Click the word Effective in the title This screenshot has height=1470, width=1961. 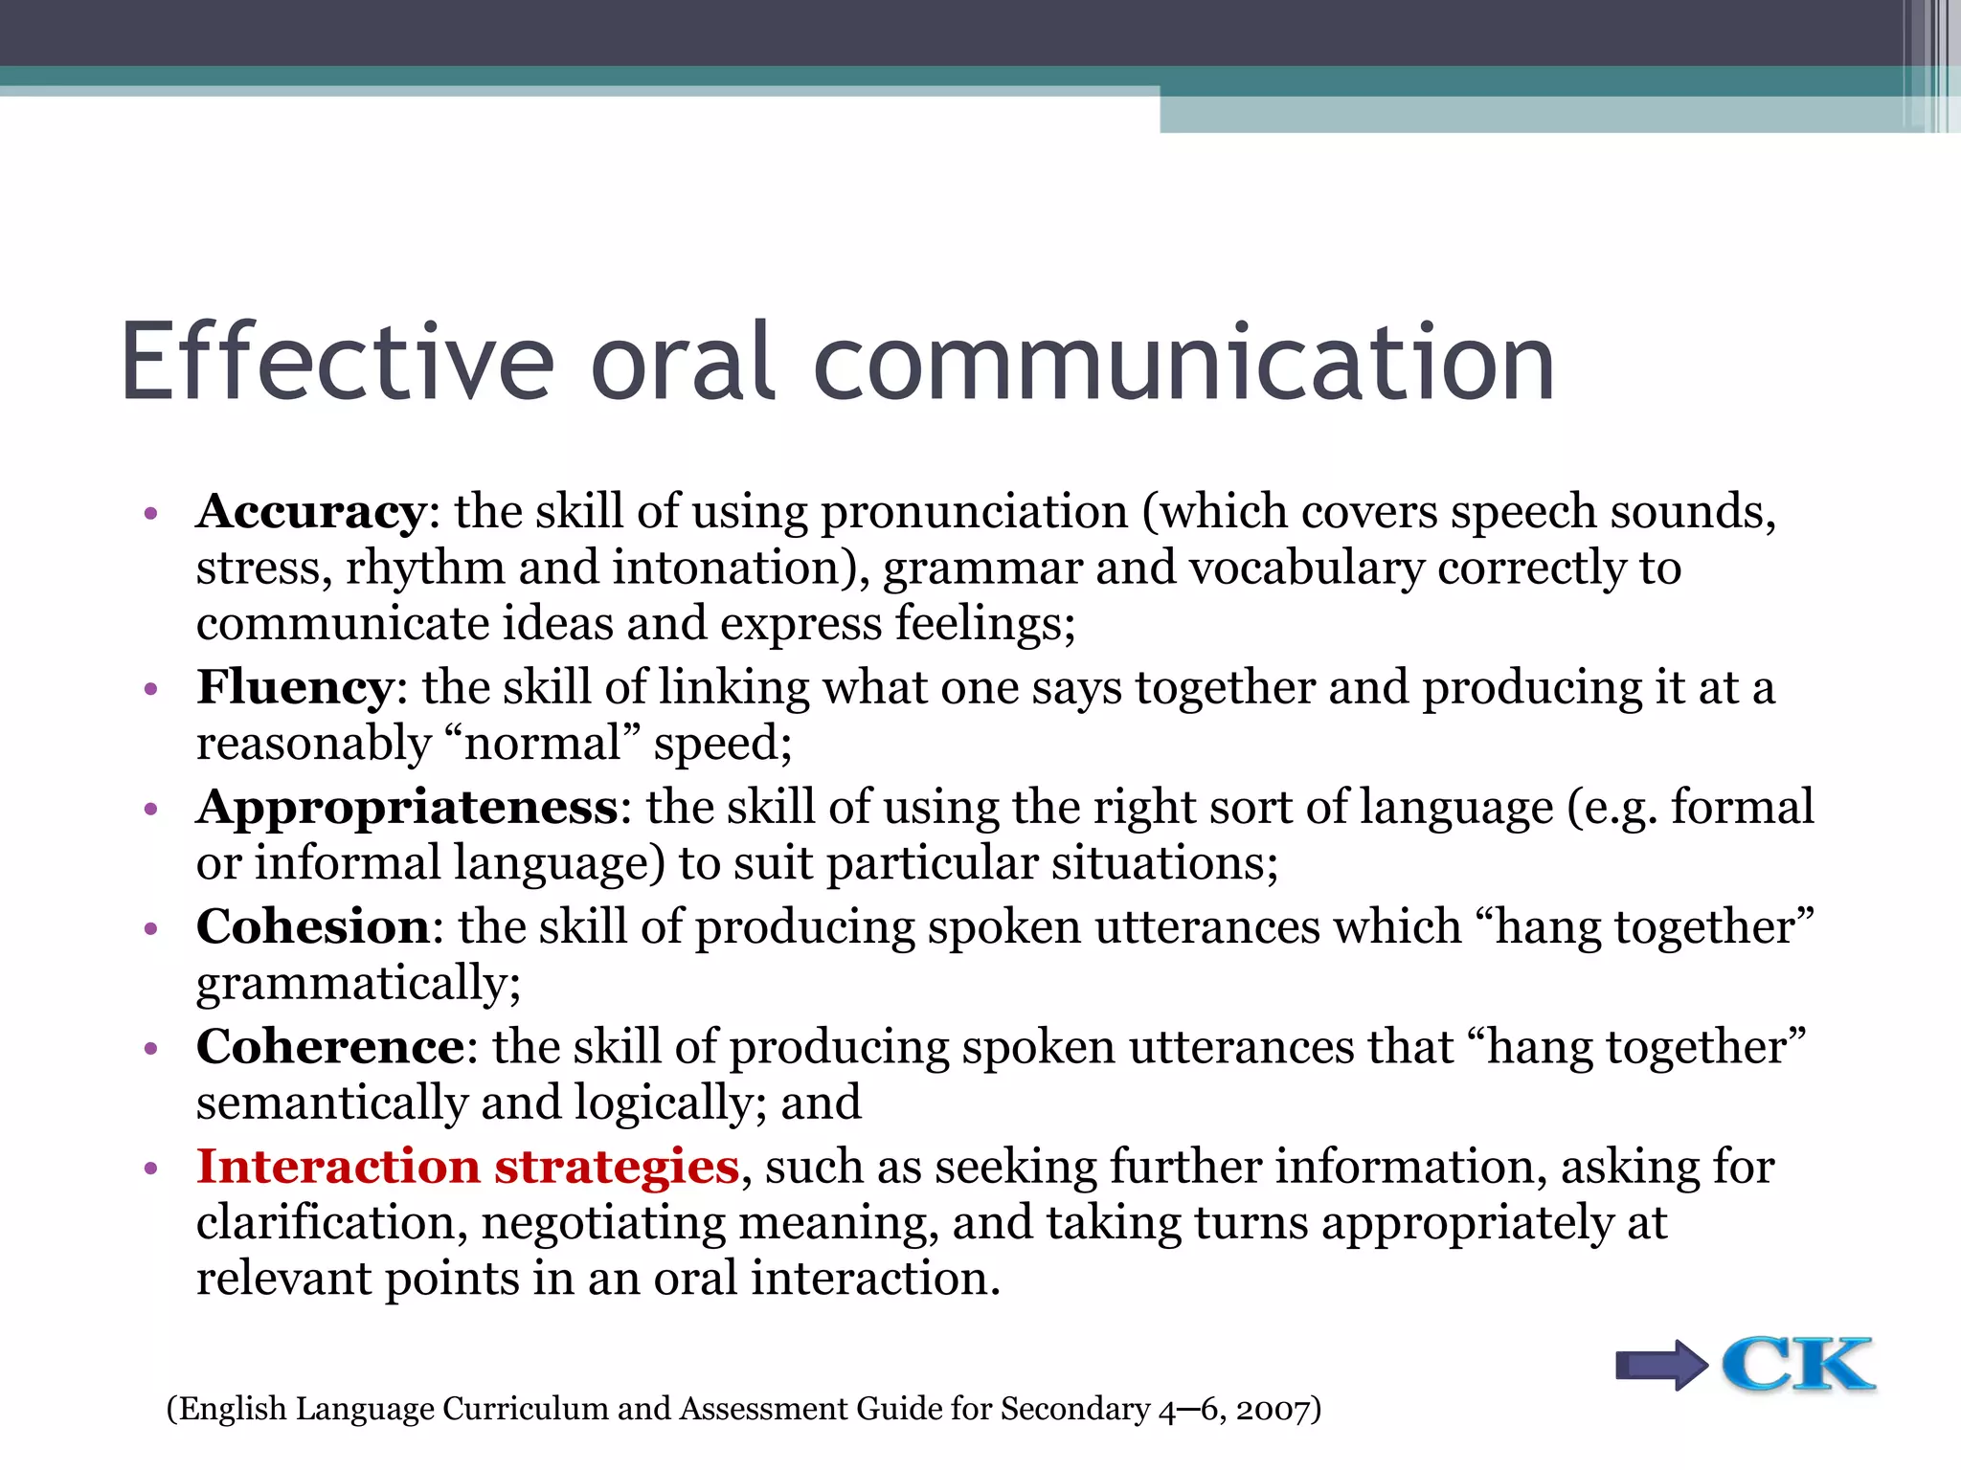click(337, 364)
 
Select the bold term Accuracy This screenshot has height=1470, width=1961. click(310, 512)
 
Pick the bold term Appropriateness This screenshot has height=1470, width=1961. click(408, 808)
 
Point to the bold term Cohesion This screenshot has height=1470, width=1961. click(313, 926)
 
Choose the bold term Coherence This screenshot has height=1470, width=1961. click(330, 1046)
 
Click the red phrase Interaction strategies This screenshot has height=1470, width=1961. click(467, 1167)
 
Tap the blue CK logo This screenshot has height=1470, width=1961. click(1797, 1364)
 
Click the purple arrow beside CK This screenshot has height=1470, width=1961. click(1661, 1365)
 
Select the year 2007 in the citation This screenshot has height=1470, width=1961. click(1273, 1410)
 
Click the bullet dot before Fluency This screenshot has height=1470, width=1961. click(149, 689)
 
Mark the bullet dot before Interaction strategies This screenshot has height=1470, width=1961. click(149, 1169)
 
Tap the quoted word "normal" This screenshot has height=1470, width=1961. click(542, 744)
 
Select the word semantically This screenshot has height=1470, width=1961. click(331, 1103)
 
